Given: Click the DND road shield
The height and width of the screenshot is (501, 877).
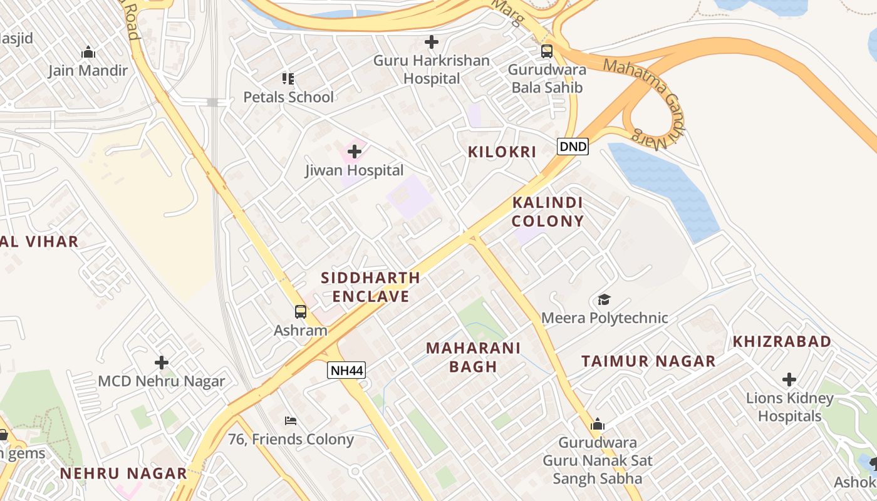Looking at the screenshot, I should click(573, 147).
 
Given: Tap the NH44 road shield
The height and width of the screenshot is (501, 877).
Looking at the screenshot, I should click(346, 370).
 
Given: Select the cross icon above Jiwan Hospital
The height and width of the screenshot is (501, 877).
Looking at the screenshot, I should click(355, 151).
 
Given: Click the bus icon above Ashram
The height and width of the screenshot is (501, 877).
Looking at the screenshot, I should click(301, 311).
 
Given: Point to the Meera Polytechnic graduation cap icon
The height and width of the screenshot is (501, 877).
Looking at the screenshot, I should click(604, 299).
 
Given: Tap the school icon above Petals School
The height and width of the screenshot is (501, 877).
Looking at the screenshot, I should click(288, 78).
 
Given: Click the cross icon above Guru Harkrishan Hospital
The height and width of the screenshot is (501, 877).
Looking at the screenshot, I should click(431, 42).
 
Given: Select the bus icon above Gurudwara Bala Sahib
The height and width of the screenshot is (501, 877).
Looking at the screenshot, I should click(547, 51).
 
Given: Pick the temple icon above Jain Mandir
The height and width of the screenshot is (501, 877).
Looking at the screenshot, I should click(88, 51).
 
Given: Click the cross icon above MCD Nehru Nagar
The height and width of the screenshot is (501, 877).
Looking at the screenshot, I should click(162, 362).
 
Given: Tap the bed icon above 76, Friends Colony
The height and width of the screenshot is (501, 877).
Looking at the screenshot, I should click(291, 420).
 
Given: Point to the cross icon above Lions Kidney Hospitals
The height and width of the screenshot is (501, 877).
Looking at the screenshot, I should click(789, 379).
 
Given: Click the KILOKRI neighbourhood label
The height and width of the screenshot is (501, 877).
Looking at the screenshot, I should click(502, 152).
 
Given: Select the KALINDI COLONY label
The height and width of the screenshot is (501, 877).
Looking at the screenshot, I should click(547, 212).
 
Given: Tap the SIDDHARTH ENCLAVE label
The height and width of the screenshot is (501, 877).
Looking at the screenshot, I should click(370, 287).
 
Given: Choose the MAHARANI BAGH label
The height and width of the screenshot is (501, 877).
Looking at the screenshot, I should click(473, 357).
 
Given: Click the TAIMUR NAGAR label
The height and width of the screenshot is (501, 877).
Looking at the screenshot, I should click(648, 361).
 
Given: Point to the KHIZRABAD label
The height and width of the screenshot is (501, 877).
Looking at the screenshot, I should click(782, 341).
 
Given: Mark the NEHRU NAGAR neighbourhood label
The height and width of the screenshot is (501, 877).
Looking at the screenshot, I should click(123, 473).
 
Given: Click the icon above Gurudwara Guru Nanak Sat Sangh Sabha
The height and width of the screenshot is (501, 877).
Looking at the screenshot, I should click(598, 424).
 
